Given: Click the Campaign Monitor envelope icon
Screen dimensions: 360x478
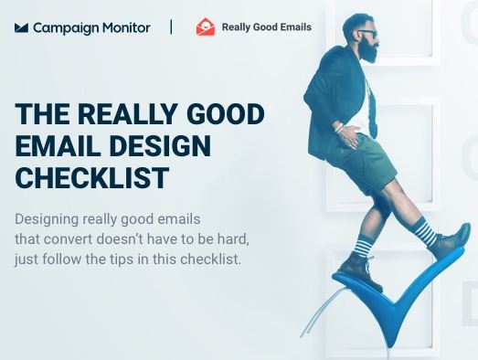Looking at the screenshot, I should pyautogui.click(x=22, y=27).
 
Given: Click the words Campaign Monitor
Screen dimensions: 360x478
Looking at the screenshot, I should pyautogui.click(x=91, y=27).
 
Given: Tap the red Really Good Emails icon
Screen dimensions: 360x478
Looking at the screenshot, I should pyautogui.click(x=206, y=27).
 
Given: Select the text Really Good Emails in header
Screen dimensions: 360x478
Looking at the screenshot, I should pyautogui.click(x=265, y=27).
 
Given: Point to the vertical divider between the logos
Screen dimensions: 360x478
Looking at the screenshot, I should pyautogui.click(x=171, y=27).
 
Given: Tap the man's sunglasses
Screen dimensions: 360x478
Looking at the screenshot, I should pyautogui.click(x=366, y=33).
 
